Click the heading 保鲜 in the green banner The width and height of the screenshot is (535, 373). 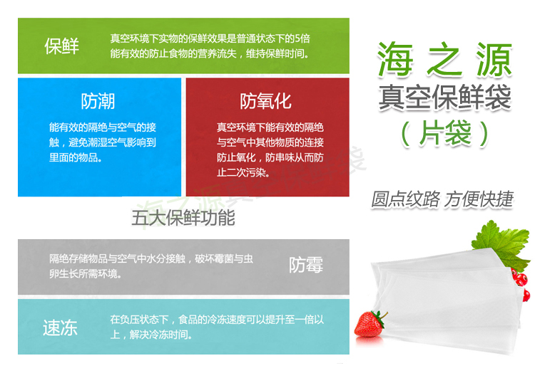coord(62,46)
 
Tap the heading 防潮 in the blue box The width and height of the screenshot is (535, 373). coord(98,101)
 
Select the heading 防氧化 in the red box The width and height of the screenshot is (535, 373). coord(266,101)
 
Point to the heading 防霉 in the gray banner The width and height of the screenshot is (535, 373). coord(306,265)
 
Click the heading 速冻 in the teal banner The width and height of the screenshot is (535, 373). coord(61,327)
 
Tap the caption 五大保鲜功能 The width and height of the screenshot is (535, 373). coord(183,218)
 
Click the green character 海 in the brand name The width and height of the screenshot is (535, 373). coord(395,59)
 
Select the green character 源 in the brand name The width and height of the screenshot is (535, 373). coord(494,59)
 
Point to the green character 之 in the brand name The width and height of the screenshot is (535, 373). coord(445,59)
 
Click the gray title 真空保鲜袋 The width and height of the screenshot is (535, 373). coord(445,98)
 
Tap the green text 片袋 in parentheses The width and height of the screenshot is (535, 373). coord(445,133)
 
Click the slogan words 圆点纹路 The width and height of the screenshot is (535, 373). coord(405,199)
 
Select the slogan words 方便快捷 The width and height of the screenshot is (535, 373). coord(479,199)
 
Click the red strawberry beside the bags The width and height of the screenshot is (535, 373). coord(370,324)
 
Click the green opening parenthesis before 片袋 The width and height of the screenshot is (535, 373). coord(406,134)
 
